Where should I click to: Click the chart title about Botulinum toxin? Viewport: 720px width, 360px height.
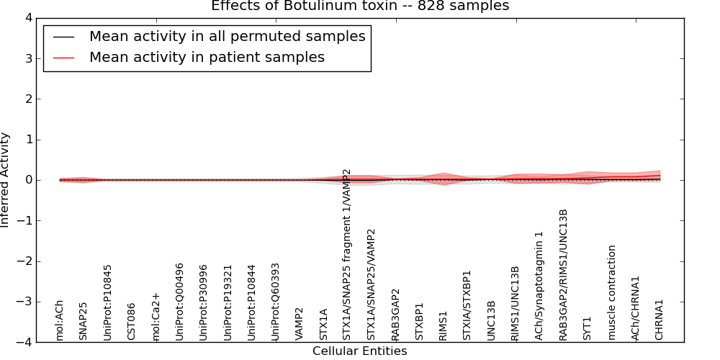[x=359, y=6]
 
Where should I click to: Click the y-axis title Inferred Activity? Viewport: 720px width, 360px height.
[x=6, y=180]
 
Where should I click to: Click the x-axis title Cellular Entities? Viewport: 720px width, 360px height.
[x=359, y=351]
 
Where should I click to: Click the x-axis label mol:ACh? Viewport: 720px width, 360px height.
[x=60, y=320]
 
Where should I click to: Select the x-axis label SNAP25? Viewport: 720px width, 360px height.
[x=84, y=320]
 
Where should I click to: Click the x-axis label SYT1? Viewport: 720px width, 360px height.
[x=587, y=328]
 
